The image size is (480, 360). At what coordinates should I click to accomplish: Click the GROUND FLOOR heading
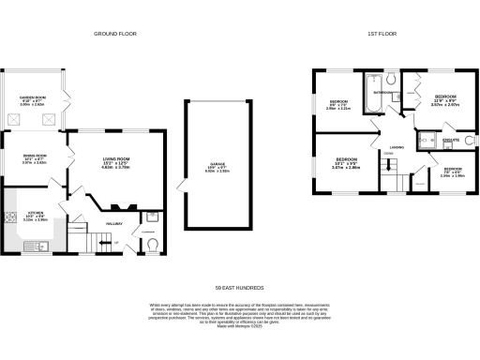(x=115, y=33)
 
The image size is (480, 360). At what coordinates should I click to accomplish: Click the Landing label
(x=397, y=147)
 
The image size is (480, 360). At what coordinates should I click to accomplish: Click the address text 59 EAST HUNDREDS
(x=240, y=287)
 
